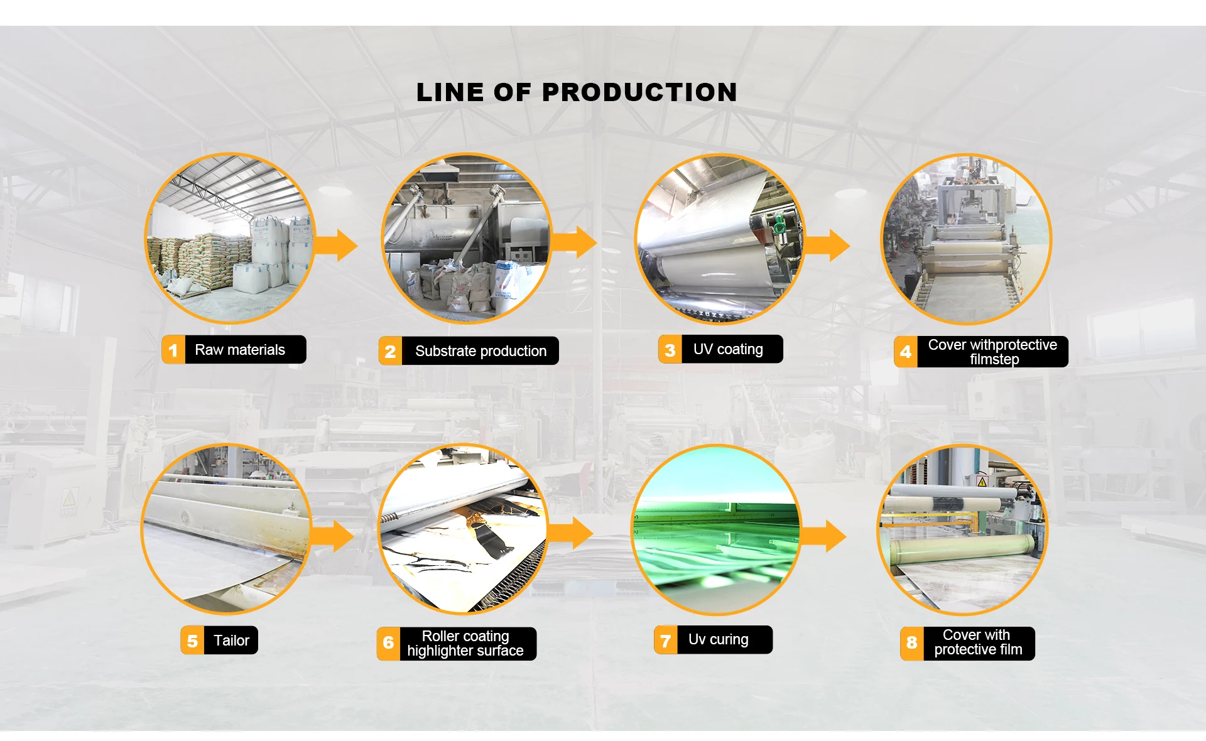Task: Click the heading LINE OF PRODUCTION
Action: pyautogui.click(x=577, y=92)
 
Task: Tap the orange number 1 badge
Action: pyautogui.click(x=173, y=350)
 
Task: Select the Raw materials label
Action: pyautogui.click(x=240, y=350)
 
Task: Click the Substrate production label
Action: pyautogui.click(x=481, y=351)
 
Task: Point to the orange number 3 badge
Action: pyautogui.click(x=670, y=350)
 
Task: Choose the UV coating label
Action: pyautogui.click(x=728, y=349)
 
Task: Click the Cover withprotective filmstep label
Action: pyautogui.click(x=992, y=352)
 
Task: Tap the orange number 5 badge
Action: pyautogui.click(x=192, y=641)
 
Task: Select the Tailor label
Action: pyautogui.click(x=231, y=641)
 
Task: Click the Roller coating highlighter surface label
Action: pyautogui.click(x=465, y=644)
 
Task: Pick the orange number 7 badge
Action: pyautogui.click(x=665, y=641)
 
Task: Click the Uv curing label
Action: pyautogui.click(x=719, y=639)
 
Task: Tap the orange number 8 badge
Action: pyautogui.click(x=911, y=643)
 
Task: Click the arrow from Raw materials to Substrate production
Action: pyautogui.click(x=337, y=245)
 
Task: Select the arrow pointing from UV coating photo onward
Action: pyautogui.click(x=828, y=245)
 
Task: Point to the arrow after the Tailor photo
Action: pyautogui.click(x=334, y=536)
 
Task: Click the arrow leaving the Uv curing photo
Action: pyautogui.click(x=825, y=536)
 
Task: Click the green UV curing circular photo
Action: pyautogui.click(x=717, y=529)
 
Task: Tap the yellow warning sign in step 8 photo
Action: pyautogui.click(x=982, y=482)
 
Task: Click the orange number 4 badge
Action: pyautogui.click(x=905, y=352)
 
